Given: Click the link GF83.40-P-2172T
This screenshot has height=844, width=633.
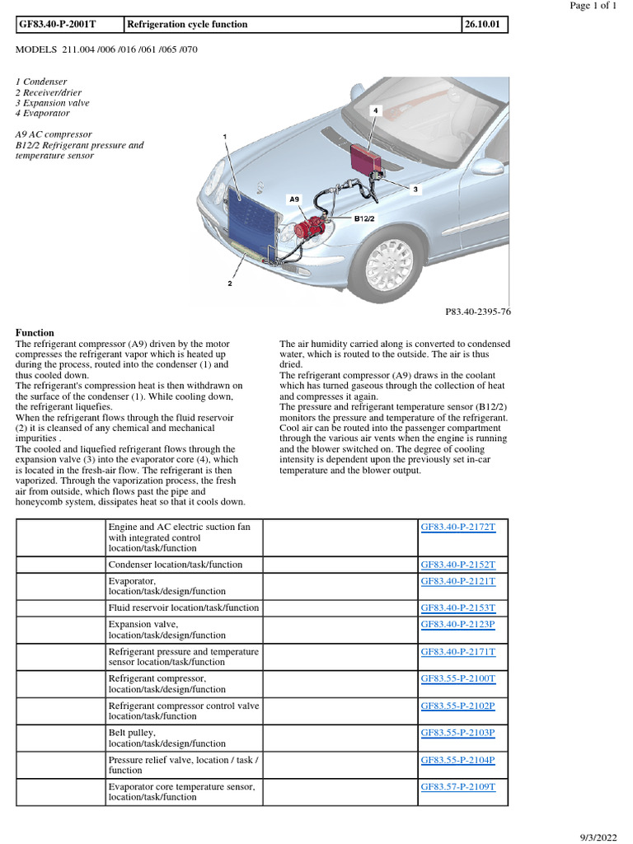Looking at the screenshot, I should pos(458,527).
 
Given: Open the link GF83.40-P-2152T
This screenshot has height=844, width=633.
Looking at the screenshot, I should pos(458,565).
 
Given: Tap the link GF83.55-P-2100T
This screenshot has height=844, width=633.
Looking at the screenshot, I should pos(458,678).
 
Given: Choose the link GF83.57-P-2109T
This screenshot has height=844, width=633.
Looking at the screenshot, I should pos(458,787).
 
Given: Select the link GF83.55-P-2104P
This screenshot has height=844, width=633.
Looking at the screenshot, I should pos(458,760).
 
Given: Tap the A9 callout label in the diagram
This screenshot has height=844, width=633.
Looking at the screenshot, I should pos(294,199).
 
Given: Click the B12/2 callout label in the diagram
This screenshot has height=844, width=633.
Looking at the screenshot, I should pos(365,219).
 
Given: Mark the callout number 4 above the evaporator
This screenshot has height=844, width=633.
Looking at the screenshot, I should pos(376,110).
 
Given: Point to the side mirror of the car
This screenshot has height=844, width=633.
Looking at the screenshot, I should pos(487,166).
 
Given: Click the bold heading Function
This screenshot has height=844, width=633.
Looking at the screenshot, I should pos(35,333).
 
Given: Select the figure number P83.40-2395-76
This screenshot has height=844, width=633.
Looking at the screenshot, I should pos(477,312).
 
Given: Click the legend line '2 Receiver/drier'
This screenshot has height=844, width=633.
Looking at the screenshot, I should pos(48,92).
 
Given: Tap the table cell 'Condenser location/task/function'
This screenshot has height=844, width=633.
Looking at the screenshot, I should pos(176,565).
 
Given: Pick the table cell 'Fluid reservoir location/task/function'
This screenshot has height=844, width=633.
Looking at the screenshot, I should pos(184,607).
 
